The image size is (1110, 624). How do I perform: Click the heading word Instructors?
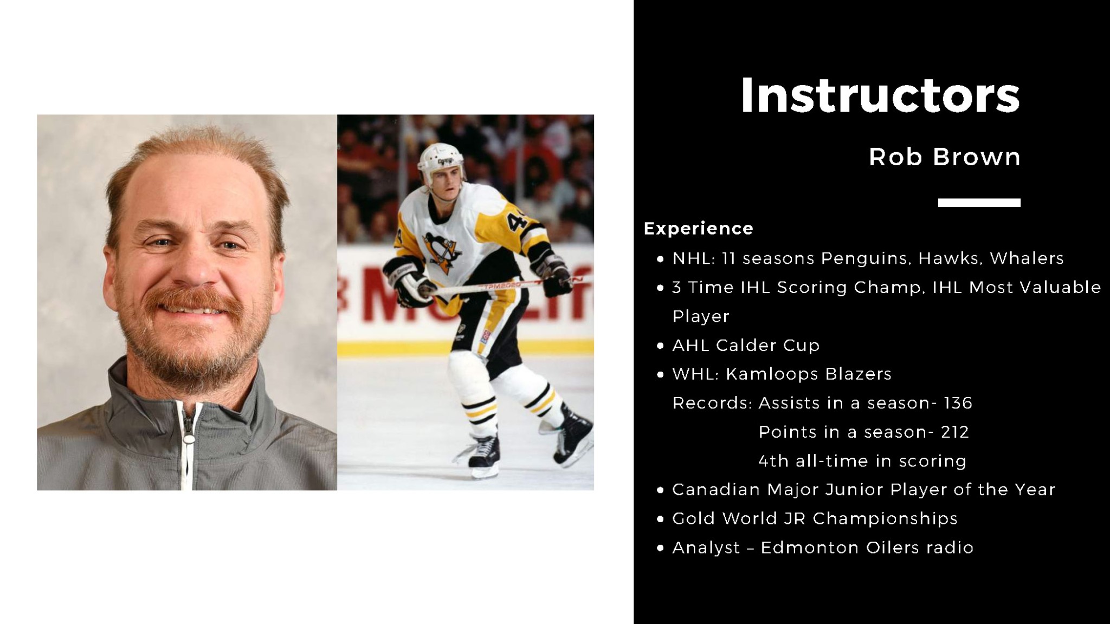(x=880, y=95)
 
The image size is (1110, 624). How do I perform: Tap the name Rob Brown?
(x=945, y=157)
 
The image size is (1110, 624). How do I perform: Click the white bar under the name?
(x=979, y=203)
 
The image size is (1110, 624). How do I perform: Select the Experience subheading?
(x=698, y=229)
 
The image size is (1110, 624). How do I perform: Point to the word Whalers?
(x=1027, y=258)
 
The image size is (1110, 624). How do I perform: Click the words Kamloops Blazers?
(x=809, y=374)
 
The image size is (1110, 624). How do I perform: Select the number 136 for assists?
(x=958, y=403)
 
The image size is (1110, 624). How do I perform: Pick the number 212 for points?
(x=955, y=432)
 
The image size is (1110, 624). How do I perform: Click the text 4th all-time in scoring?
(x=862, y=461)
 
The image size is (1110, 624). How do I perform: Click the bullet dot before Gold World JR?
(x=660, y=519)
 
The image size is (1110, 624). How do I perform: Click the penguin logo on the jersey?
(x=442, y=251)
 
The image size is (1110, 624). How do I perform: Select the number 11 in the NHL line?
(x=728, y=258)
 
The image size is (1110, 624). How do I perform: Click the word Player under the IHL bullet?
(x=701, y=316)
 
